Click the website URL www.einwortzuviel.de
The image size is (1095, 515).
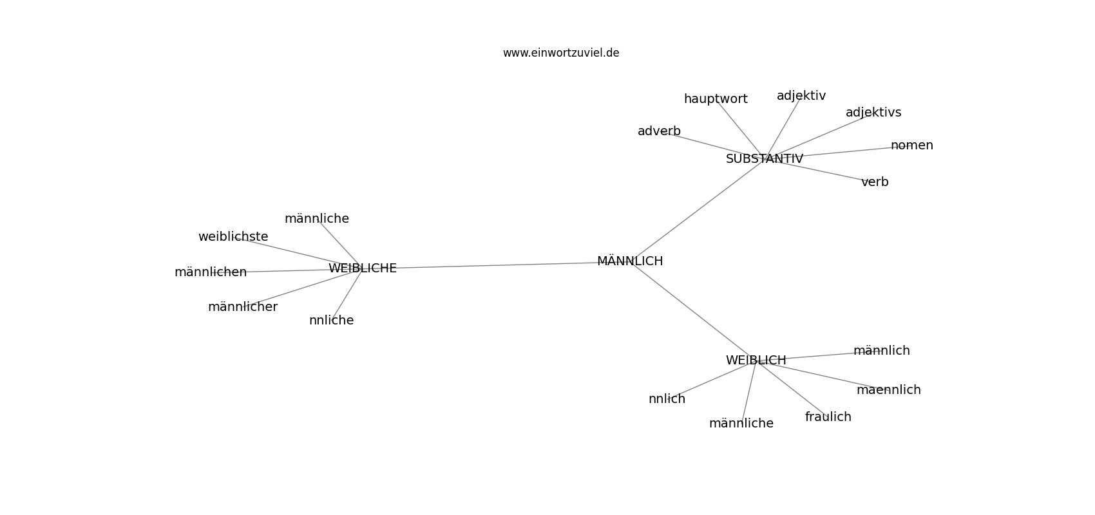coord(560,53)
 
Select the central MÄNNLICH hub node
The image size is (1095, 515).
coord(630,261)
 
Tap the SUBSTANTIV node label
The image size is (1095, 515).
coord(765,159)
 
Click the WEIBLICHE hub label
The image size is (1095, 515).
coord(362,268)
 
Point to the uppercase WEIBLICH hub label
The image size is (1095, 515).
coord(756,360)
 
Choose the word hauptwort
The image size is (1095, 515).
coord(716,99)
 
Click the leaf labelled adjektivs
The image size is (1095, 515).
coord(873,113)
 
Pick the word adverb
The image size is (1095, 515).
coord(659,131)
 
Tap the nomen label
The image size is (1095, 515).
coord(911,145)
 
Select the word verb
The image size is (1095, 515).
coord(875,182)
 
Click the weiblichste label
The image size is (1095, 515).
coord(233,236)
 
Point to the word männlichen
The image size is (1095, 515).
coord(211,272)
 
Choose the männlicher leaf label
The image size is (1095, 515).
coord(243,307)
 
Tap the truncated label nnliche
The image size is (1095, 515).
coord(332,320)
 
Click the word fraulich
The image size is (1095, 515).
coord(828,417)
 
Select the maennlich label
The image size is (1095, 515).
coord(889,390)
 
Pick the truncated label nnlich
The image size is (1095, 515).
coord(667,398)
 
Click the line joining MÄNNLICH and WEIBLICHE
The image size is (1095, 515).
coord(496,265)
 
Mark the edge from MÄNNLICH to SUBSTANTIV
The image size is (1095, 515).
coord(697,210)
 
